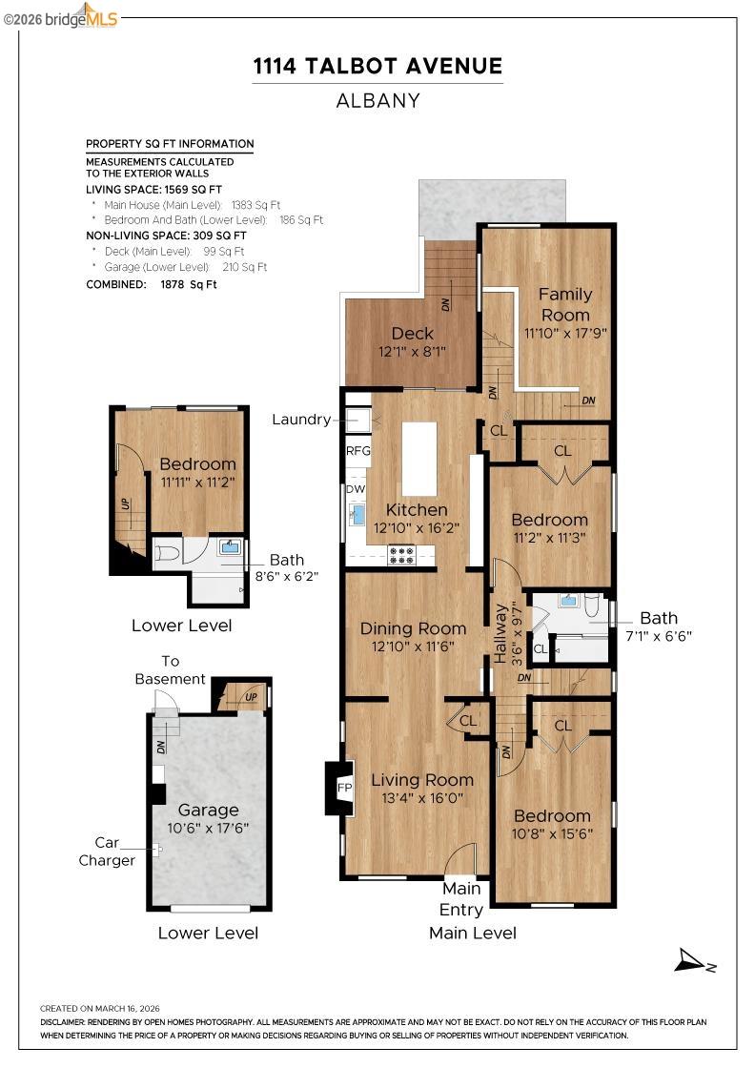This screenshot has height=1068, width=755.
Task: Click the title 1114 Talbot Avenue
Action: (x=377, y=66)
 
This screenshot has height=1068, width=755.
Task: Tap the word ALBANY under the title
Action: (x=377, y=100)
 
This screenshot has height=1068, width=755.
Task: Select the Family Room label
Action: (x=565, y=304)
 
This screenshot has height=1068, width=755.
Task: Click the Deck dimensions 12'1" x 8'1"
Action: (x=412, y=352)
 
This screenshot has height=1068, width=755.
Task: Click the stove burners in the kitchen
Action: (x=401, y=554)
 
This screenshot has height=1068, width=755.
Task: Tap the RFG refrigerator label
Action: (x=357, y=451)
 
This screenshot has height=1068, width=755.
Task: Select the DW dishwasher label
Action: (x=355, y=489)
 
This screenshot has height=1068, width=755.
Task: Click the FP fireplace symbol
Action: (x=346, y=788)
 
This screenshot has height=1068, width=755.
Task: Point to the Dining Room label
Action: (x=413, y=628)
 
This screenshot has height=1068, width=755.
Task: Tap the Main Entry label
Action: (x=460, y=898)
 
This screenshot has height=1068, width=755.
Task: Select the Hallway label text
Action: (x=500, y=631)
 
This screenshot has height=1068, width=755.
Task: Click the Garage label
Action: (x=208, y=810)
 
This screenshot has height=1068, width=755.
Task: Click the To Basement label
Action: (x=170, y=669)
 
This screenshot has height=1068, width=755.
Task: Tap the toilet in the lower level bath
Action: (x=168, y=552)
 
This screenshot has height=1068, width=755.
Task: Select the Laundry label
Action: (x=301, y=420)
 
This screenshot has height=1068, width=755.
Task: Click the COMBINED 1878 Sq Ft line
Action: (x=152, y=284)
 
